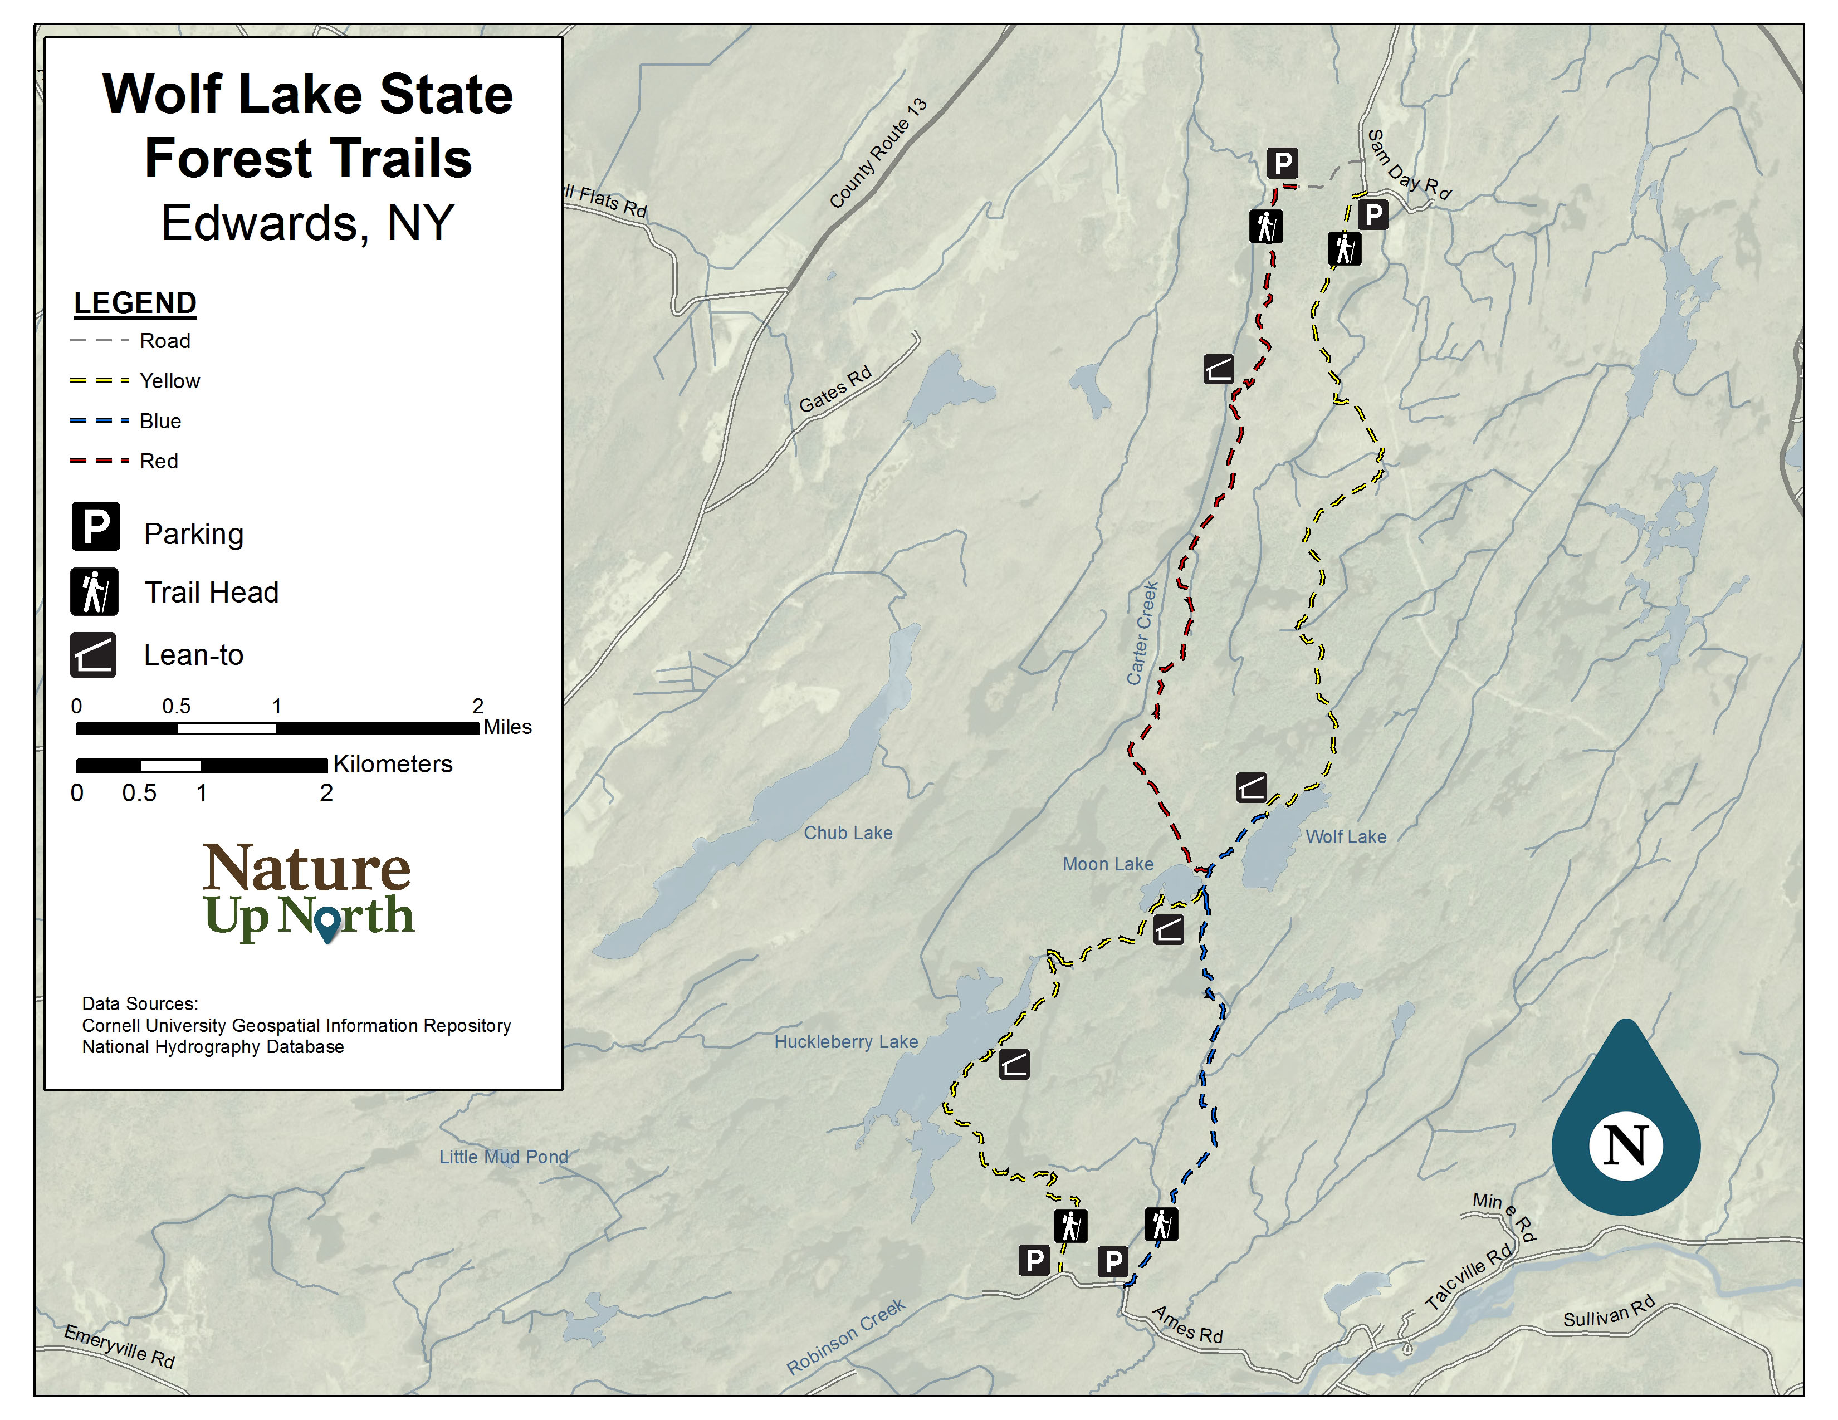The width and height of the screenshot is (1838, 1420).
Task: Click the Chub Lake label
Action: (848, 833)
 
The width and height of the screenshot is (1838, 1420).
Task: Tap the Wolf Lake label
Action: (1345, 836)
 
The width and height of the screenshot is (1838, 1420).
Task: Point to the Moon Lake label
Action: (1107, 864)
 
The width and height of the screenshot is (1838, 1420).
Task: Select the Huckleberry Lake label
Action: (846, 1041)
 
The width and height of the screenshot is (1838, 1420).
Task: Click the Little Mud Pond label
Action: (504, 1157)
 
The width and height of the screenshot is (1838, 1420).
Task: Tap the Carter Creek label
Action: (1143, 633)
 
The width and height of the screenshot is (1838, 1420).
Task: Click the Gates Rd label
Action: (835, 389)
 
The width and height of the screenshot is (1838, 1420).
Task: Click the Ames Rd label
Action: (1186, 1324)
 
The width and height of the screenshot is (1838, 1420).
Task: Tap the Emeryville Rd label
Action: (120, 1346)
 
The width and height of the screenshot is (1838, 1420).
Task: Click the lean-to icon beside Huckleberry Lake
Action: (1014, 1065)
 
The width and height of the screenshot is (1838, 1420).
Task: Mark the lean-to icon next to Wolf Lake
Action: (1252, 787)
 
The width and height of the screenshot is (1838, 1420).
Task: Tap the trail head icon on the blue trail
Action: (1161, 1224)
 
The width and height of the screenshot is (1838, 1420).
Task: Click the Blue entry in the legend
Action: (160, 420)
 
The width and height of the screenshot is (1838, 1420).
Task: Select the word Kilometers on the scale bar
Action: (392, 764)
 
